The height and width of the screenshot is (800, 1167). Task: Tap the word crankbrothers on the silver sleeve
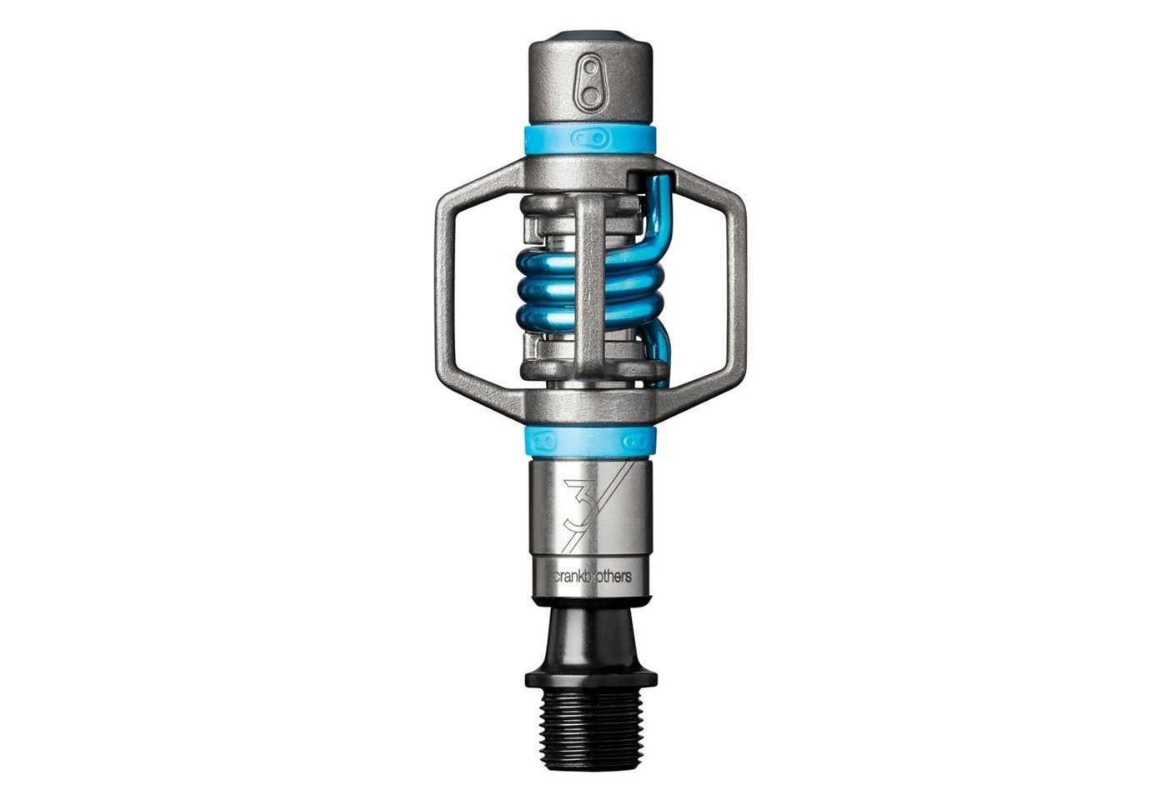[x=593, y=577]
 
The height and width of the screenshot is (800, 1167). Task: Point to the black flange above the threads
[x=591, y=677]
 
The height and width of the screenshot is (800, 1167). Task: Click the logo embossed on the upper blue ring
[x=591, y=138]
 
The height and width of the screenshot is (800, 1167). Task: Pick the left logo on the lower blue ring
[x=543, y=442]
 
